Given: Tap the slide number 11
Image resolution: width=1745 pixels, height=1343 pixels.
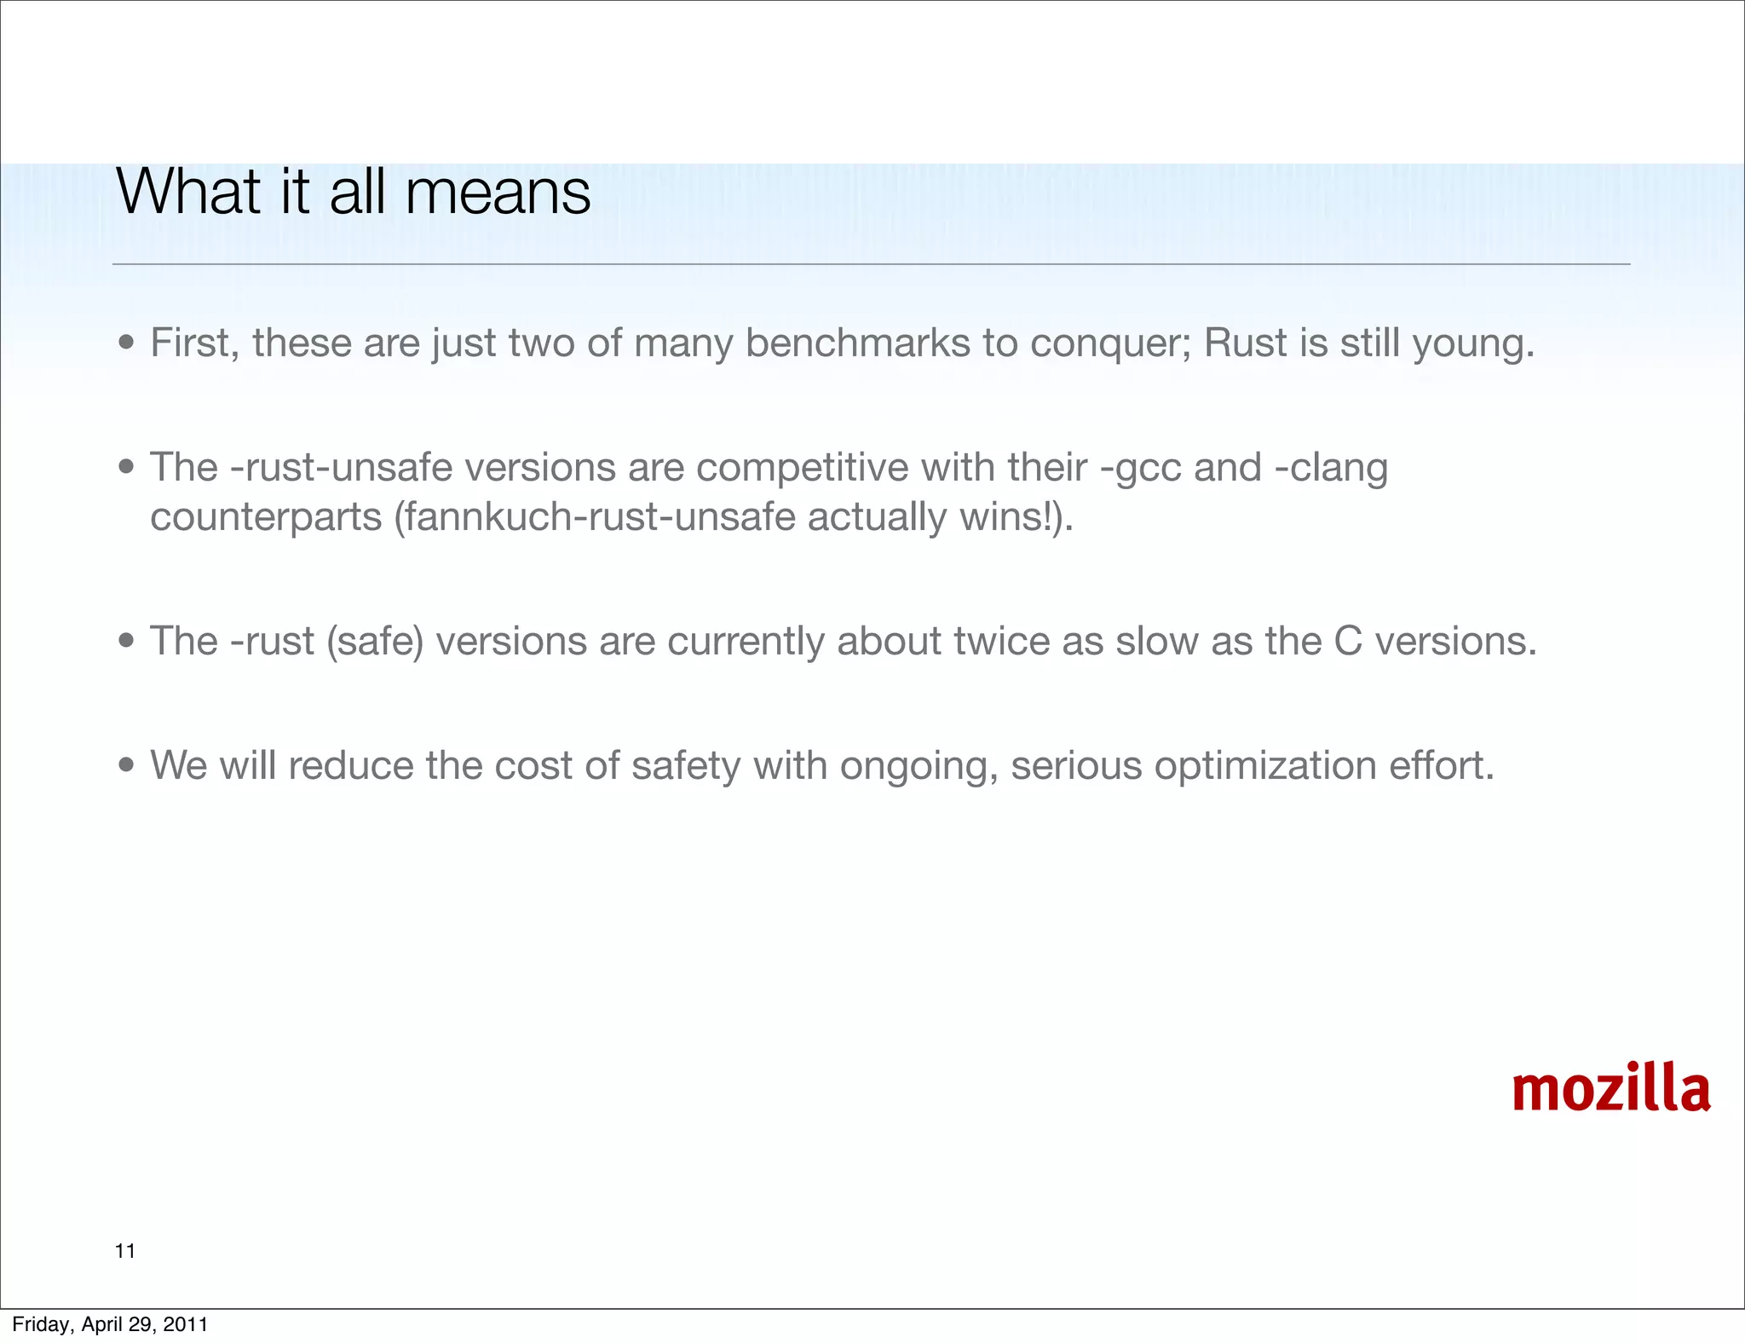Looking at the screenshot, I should click(125, 1251).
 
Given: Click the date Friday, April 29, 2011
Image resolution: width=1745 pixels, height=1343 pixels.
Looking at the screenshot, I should click(110, 1324).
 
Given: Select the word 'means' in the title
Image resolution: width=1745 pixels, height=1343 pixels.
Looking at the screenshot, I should click(498, 193).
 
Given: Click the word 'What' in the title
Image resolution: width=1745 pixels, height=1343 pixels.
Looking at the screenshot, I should click(188, 193).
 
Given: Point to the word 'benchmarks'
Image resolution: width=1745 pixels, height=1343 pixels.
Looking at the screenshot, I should click(857, 343).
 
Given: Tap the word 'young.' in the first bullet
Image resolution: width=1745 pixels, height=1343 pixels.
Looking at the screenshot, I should click(1473, 344).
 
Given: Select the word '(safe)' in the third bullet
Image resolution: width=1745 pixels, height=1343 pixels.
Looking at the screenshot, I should click(375, 642).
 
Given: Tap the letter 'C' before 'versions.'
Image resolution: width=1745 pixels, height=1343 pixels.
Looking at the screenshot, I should click(1348, 641).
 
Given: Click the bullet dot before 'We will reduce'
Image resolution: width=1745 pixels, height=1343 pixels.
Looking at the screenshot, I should click(127, 765).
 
